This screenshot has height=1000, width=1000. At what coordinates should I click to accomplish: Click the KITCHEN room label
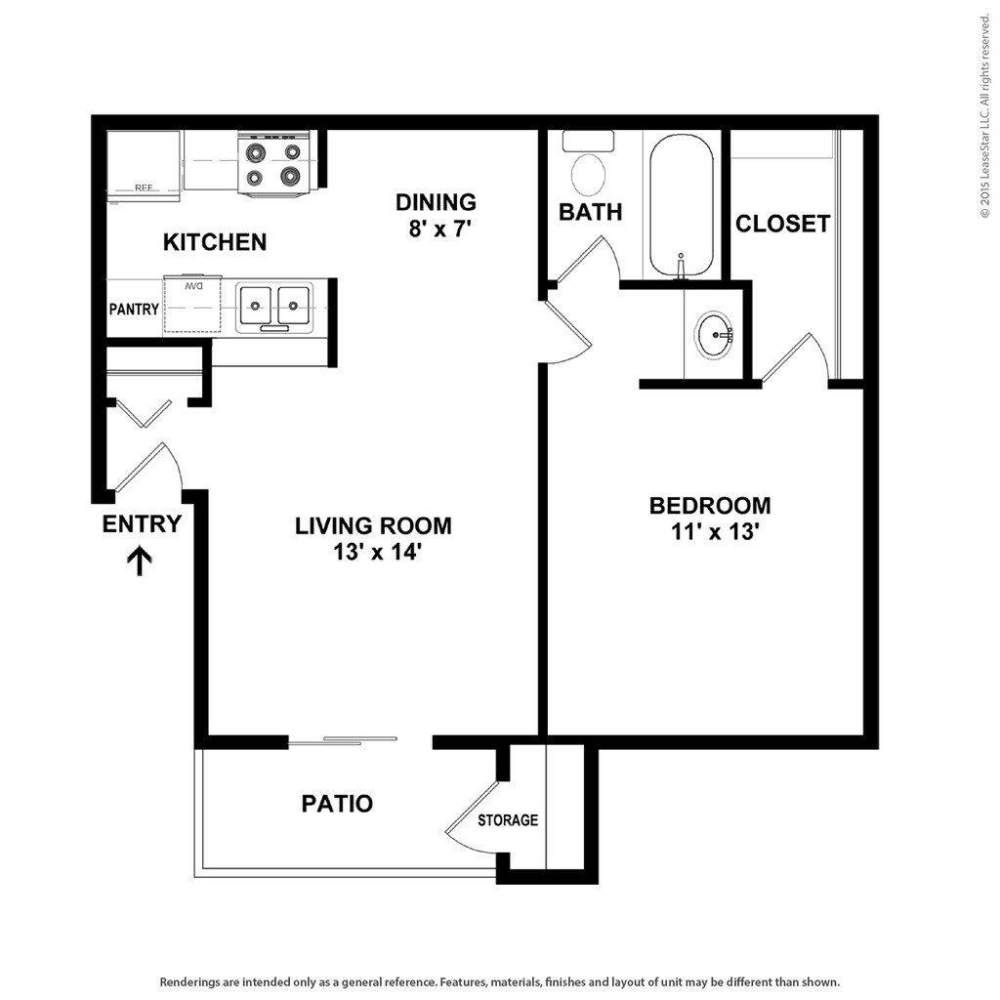(x=214, y=242)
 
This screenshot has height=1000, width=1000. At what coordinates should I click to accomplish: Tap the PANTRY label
(x=134, y=310)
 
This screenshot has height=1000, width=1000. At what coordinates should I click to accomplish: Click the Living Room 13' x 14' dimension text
(x=374, y=552)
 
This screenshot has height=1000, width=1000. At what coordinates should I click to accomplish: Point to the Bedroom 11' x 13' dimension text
(x=710, y=532)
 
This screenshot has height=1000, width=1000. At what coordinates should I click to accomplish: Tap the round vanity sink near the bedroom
(x=715, y=335)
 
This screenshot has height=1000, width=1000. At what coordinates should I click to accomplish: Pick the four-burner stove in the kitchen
(x=273, y=164)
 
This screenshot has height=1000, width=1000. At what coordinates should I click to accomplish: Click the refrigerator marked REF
(x=143, y=166)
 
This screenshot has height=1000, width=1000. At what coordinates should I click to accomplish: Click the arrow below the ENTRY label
(x=141, y=561)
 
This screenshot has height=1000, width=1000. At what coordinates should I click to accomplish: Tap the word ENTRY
(x=142, y=524)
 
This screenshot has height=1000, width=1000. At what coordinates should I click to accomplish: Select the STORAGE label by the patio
(x=507, y=820)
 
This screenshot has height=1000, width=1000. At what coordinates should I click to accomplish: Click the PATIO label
(x=337, y=804)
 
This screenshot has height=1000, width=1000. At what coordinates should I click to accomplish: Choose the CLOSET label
(x=782, y=224)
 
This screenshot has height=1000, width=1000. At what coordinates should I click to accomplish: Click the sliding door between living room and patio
(x=343, y=741)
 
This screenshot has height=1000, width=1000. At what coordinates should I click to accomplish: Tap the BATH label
(x=590, y=212)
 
